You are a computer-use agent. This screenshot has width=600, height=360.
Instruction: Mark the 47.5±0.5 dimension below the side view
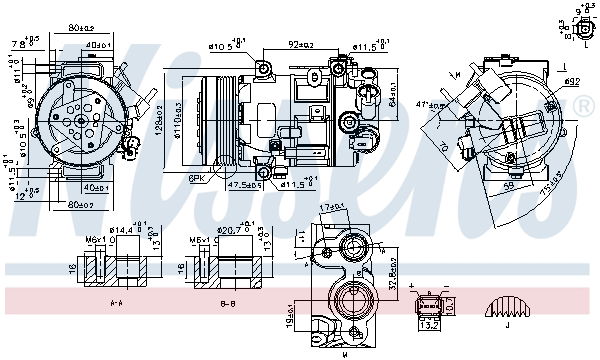click(x=244, y=184)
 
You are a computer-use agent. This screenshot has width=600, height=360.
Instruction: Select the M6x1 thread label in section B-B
click(x=197, y=240)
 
